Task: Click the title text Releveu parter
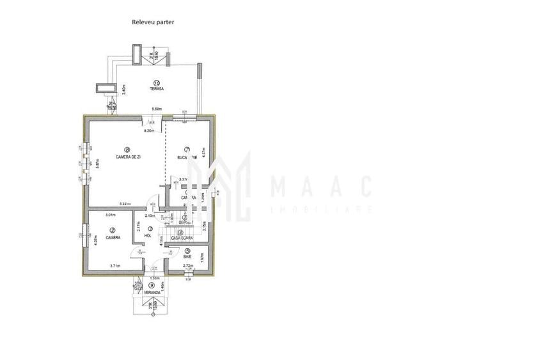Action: point(153,22)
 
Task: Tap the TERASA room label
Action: point(157,89)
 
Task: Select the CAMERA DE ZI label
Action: point(128,157)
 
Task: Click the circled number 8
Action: point(127,150)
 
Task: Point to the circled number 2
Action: point(112,230)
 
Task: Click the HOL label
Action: point(148,235)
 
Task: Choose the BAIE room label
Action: point(188,256)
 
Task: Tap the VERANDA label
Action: point(152,292)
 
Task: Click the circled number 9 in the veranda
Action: point(152,285)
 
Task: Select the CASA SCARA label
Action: point(182,238)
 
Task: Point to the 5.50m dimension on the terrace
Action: point(157,109)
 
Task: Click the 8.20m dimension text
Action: point(150,131)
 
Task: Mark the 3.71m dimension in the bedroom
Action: point(115,265)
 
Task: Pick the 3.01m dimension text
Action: point(110,215)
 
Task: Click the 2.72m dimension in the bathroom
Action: point(188,265)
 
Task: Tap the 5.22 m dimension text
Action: point(125,204)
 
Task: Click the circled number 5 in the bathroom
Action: point(187,250)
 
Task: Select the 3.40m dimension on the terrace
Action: point(124,89)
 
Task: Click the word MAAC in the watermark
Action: point(320,187)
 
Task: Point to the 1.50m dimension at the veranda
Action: point(154,278)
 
